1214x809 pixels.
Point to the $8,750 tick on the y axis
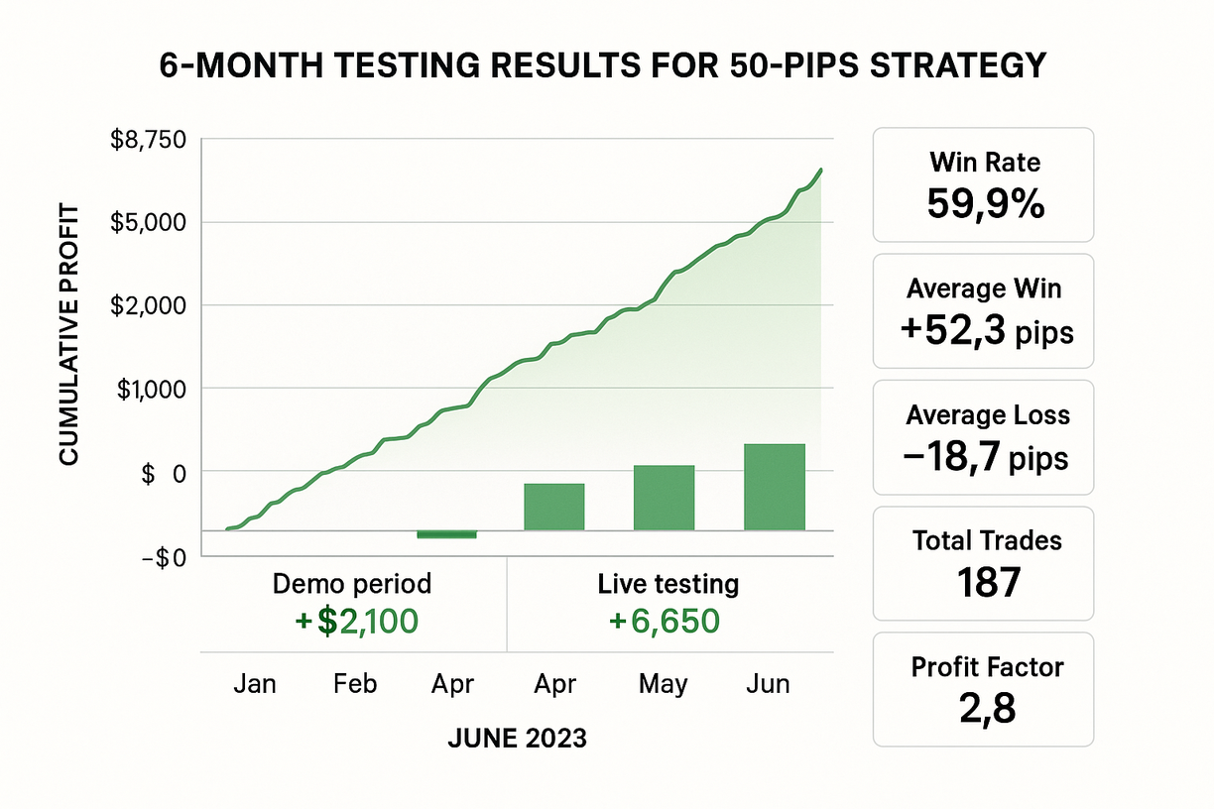pos(150,140)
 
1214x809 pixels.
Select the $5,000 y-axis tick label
pos(150,222)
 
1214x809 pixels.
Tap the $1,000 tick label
pos(150,389)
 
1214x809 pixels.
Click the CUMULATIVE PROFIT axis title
pos(68,333)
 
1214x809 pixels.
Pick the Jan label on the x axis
pos(255,684)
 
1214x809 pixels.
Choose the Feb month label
pos(354,684)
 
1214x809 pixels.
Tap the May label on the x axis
pos(663,684)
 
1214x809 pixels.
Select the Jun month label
pos(768,684)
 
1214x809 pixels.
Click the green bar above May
pos(664,498)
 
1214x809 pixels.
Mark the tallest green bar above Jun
pos(774,487)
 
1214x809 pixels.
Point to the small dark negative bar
pos(446,534)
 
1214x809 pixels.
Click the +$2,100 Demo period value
pos(356,622)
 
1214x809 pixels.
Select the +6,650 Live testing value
pos(664,622)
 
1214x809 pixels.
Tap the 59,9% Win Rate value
pos(985,203)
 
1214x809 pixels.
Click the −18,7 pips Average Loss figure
pos(986,458)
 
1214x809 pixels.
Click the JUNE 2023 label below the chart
pos(517,739)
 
